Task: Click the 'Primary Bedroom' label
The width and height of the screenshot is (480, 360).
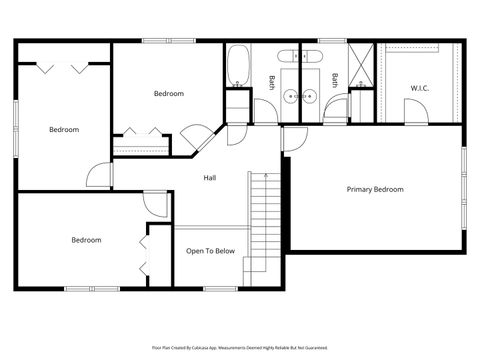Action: tap(375, 189)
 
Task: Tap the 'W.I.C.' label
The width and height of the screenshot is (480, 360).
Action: tap(421, 88)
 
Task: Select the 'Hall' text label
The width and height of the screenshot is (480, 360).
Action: tap(210, 178)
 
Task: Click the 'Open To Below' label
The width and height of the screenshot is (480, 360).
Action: tap(210, 251)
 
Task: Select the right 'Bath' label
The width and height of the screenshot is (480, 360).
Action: tap(335, 81)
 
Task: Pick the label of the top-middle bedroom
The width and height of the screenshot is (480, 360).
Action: tap(168, 94)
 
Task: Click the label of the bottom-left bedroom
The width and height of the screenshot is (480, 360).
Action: tap(85, 240)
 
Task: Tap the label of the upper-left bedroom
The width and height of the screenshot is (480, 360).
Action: tap(64, 129)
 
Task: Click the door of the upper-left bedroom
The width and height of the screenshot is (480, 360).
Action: tap(98, 176)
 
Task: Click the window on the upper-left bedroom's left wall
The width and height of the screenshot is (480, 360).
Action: tap(16, 129)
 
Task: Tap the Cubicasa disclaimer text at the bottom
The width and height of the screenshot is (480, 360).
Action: tap(240, 347)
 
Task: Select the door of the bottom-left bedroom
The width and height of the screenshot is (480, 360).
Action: tap(155, 202)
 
